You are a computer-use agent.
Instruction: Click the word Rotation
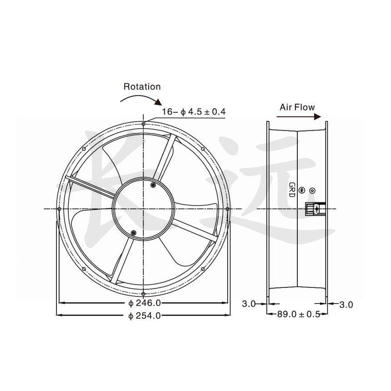click(x=142, y=86)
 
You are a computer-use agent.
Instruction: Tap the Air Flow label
click(x=297, y=107)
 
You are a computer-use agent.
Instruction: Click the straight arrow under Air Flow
click(x=298, y=116)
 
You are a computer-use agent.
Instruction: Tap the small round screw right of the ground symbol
click(x=312, y=190)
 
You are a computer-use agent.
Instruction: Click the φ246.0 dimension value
click(x=142, y=303)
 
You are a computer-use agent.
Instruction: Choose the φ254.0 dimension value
click(x=142, y=315)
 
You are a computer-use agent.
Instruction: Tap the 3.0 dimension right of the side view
click(x=346, y=305)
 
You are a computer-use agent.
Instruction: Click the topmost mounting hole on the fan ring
click(x=143, y=124)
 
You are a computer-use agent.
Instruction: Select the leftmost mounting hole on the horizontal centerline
click(x=60, y=209)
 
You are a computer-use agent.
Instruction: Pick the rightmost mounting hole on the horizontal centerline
click(x=227, y=209)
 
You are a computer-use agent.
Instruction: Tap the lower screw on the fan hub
click(x=133, y=233)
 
